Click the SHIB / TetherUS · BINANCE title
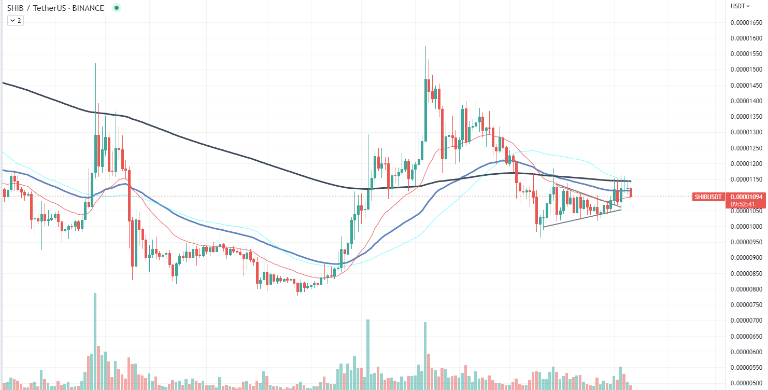point(55,8)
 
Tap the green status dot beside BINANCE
point(117,8)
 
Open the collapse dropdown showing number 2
point(16,21)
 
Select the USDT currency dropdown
point(740,6)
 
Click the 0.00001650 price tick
point(746,23)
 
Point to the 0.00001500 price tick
point(746,69)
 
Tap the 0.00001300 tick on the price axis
point(746,132)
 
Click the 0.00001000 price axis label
point(746,227)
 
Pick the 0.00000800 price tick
point(746,289)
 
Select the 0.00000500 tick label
point(746,383)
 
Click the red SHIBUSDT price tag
point(708,197)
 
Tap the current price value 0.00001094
point(746,197)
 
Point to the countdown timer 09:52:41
point(742,204)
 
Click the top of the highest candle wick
point(426,46)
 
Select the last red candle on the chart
point(631,193)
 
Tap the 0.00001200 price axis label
point(746,163)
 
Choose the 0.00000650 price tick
point(746,336)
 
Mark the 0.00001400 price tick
point(746,101)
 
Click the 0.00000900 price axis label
point(746,258)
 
